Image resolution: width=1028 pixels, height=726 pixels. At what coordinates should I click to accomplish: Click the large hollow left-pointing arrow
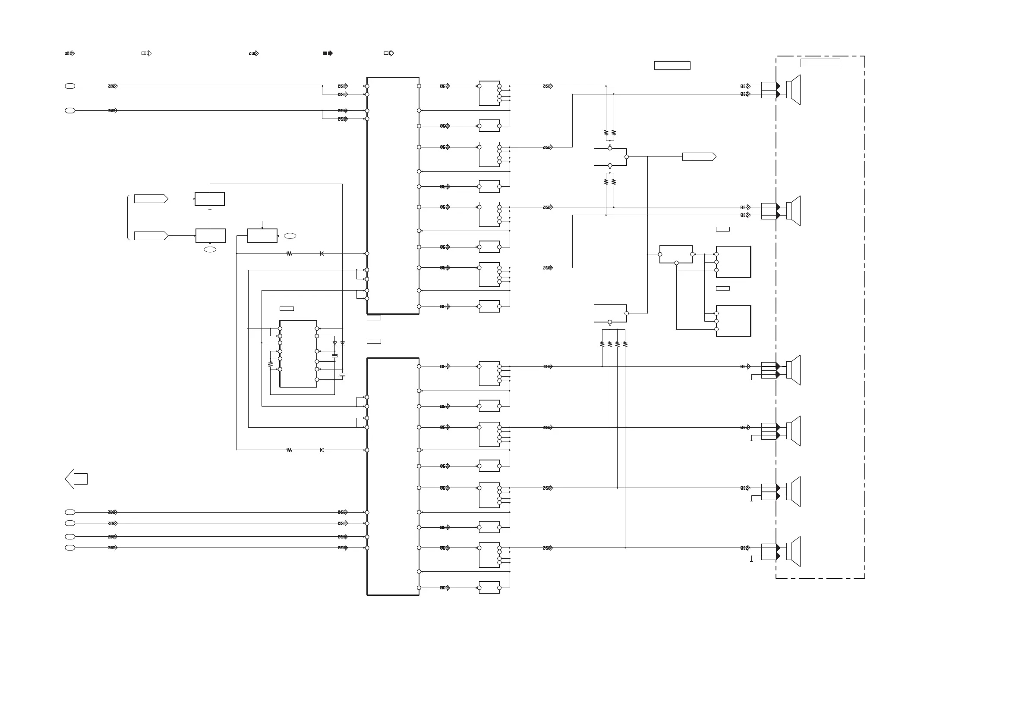[76, 479]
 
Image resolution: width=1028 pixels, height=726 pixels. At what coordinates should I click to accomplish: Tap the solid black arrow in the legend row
[328, 53]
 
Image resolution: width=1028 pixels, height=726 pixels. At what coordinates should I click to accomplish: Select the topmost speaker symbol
[793, 90]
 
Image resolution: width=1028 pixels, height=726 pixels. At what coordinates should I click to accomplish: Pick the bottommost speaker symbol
[793, 551]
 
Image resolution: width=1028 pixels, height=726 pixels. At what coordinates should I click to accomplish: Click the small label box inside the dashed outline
[820, 63]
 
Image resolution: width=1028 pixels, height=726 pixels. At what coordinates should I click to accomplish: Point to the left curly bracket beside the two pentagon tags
[128, 217]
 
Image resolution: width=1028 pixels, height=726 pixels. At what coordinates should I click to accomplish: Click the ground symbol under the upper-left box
[210, 208]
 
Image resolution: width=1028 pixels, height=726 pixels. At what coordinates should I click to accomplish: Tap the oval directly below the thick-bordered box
[210, 249]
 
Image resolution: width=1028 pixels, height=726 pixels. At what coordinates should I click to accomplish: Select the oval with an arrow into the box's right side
[290, 236]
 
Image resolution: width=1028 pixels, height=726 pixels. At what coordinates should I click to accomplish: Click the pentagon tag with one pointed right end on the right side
[699, 157]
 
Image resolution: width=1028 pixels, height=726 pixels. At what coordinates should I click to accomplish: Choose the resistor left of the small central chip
[271, 364]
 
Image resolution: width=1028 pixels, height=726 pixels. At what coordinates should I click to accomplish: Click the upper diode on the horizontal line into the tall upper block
[322, 253]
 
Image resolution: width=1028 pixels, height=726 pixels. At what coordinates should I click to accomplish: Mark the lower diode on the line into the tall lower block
[322, 450]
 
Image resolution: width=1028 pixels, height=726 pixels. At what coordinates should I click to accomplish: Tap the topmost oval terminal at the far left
[70, 86]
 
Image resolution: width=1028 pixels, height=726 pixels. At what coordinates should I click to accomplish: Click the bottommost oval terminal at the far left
[70, 548]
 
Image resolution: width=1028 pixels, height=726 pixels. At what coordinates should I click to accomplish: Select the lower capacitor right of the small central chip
[343, 374]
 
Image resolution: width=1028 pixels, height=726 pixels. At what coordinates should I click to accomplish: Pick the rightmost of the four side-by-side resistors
[625, 344]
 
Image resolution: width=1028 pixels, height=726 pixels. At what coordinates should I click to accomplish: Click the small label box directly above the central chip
[287, 309]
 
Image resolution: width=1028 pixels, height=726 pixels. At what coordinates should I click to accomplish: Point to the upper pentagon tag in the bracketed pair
[151, 199]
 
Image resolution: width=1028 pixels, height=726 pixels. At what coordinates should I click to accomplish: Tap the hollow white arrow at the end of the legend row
[389, 53]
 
